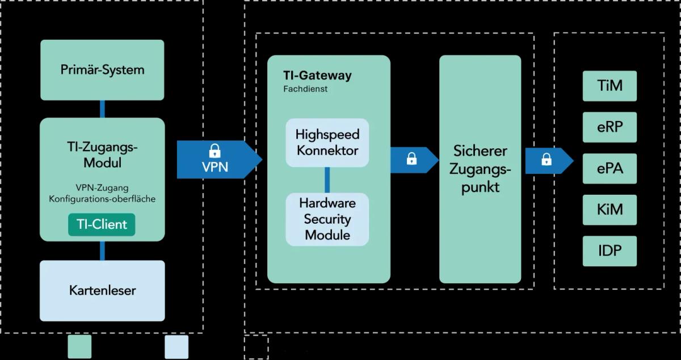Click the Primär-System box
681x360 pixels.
point(102,70)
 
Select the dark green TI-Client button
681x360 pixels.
point(102,224)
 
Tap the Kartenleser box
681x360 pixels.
point(102,291)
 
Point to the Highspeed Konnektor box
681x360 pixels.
point(327,143)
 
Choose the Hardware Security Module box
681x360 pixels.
point(327,219)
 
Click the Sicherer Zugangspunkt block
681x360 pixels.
point(480,169)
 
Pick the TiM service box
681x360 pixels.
point(610,86)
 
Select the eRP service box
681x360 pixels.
point(610,127)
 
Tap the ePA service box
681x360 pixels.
point(610,168)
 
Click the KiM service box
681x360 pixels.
point(610,210)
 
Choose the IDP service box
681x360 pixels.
point(610,251)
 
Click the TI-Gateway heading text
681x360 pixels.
point(317,76)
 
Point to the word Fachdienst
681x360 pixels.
point(305,89)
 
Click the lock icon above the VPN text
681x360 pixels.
point(215,151)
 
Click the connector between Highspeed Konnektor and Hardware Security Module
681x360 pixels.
point(327,180)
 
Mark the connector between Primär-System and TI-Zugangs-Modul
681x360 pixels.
point(103,108)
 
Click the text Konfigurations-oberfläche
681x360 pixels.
point(102,199)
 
